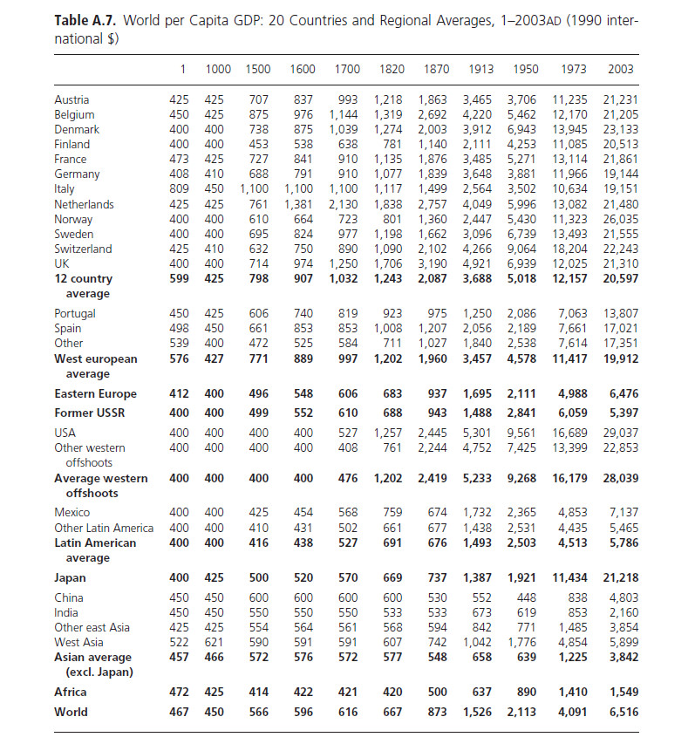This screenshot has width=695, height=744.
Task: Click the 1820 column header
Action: (392, 69)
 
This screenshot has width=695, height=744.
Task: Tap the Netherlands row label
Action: (84, 204)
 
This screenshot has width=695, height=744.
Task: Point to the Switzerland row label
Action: (83, 249)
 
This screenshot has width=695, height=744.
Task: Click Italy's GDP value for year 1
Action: (178, 189)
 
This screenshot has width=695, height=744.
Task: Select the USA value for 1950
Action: (523, 433)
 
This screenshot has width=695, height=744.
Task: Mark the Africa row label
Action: (71, 692)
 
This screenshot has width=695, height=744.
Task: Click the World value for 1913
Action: (477, 712)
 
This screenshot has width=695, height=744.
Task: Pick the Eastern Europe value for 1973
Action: (573, 393)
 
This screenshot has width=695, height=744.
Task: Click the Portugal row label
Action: (75, 313)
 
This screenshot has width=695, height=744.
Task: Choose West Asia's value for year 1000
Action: (213, 642)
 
